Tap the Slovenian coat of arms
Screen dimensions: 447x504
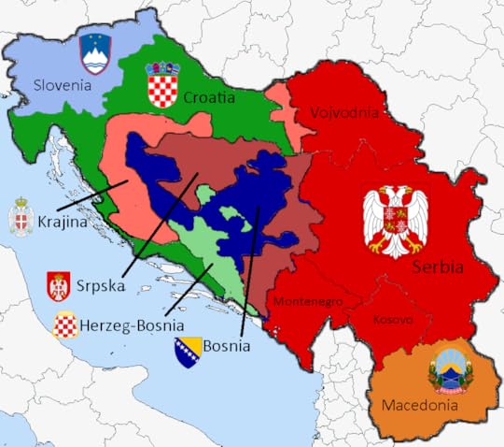click(95, 53)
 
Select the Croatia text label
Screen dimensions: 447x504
click(208, 96)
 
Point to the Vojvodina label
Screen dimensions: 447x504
click(345, 113)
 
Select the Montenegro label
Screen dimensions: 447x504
click(309, 302)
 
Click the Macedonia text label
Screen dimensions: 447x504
click(419, 406)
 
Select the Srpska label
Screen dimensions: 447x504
click(102, 282)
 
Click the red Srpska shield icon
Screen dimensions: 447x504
click(59, 285)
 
